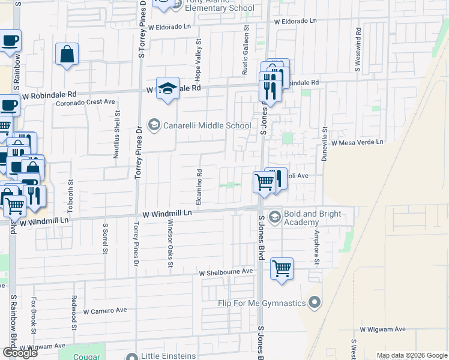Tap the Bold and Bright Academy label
coord(313,218)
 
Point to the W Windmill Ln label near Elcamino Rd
coord(167,213)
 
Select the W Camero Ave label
coord(105,311)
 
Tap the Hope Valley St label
coord(198,55)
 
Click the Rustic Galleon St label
coord(245,53)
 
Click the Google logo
coord(20,352)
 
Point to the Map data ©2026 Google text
coord(411,355)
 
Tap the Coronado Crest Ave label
coord(86,102)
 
